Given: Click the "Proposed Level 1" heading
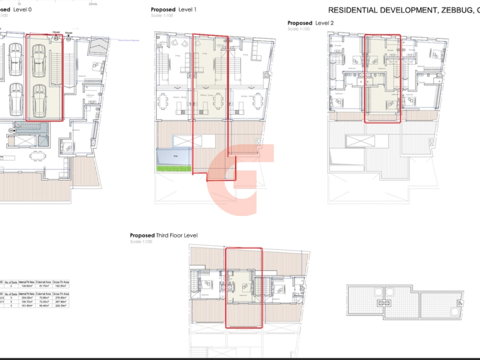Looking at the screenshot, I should (173, 10).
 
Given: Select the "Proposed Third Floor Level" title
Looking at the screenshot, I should (164, 235).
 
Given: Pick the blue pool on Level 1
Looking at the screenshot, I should (174, 156).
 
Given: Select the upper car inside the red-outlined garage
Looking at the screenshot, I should (38, 62).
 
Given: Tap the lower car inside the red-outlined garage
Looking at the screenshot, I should (38, 99).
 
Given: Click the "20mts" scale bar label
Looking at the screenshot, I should (93, 3).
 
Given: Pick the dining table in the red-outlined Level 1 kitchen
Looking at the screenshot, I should (219, 100).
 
